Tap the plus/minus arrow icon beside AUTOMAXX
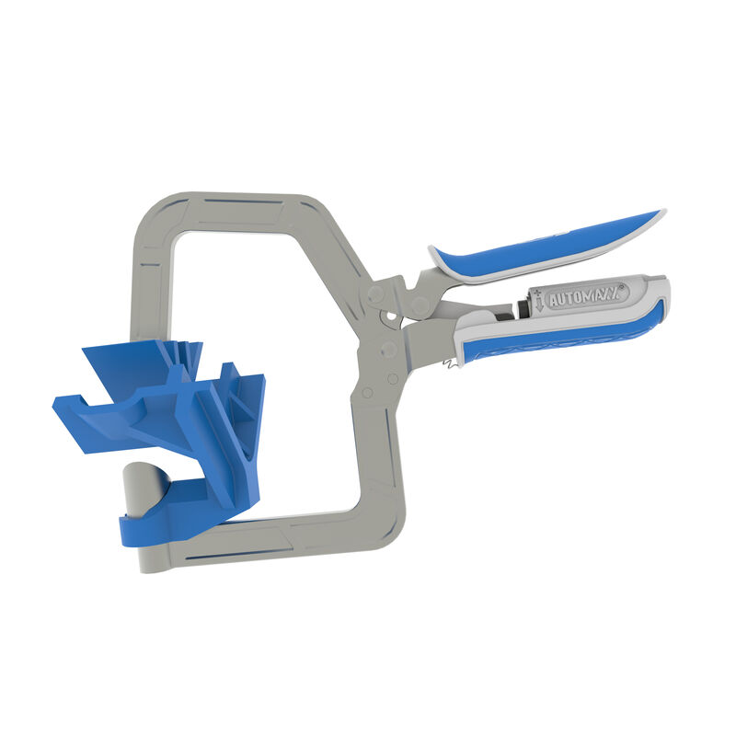[x=538, y=301]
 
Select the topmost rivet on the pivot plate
[x=374, y=295]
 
